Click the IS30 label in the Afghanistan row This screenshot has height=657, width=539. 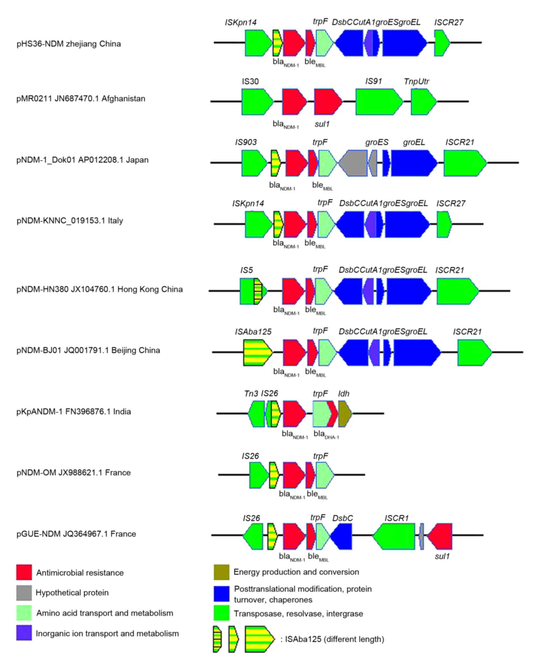[250, 81]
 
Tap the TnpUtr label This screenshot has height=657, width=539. [416, 81]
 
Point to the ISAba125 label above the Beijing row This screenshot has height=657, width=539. [253, 332]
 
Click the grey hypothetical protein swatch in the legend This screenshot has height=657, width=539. [24, 593]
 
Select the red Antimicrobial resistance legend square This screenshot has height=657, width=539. [24, 572]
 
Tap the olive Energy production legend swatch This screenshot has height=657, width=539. [222, 572]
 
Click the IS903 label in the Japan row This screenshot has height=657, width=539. [246, 142]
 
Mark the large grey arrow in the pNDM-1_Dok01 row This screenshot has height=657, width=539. [353, 163]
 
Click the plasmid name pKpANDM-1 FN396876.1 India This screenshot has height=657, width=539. [74, 412]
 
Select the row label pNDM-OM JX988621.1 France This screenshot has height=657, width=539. [74, 473]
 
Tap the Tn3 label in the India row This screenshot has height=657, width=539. [251, 394]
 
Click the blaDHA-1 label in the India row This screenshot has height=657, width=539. [326, 434]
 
